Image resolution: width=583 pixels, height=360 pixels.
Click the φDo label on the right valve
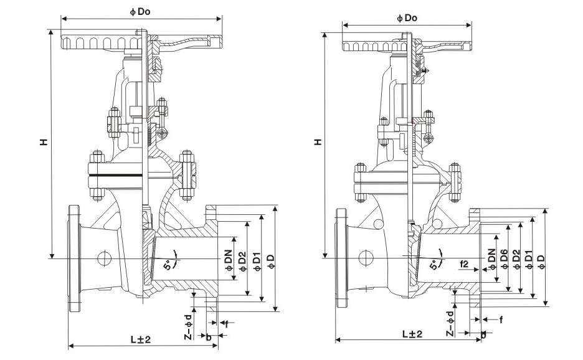tap(407, 18)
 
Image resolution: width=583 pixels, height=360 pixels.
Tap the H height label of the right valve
tap(318, 143)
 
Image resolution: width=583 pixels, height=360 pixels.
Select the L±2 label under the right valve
tap(411, 334)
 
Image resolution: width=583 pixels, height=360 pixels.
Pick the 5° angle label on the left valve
tap(168, 265)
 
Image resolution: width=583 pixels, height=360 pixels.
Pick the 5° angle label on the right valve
tap(434, 264)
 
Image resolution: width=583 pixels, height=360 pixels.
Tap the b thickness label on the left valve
tap(209, 337)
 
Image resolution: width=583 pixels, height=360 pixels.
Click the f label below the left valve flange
tap(227, 324)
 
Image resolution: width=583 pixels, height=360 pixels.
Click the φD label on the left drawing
tap(270, 262)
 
